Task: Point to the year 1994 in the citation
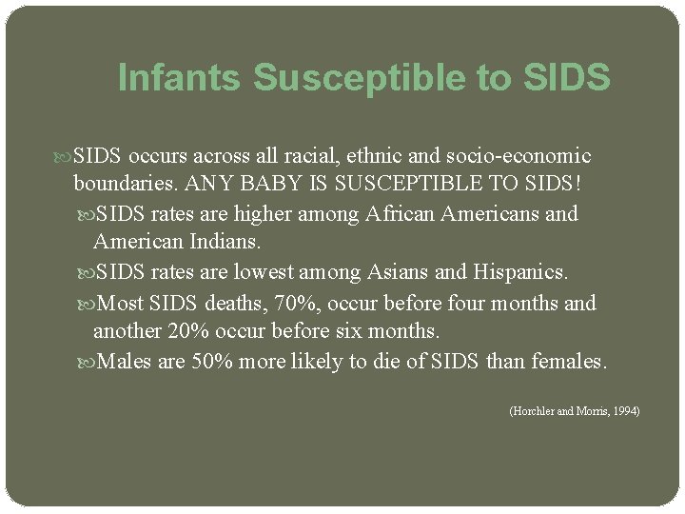click(624, 410)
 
